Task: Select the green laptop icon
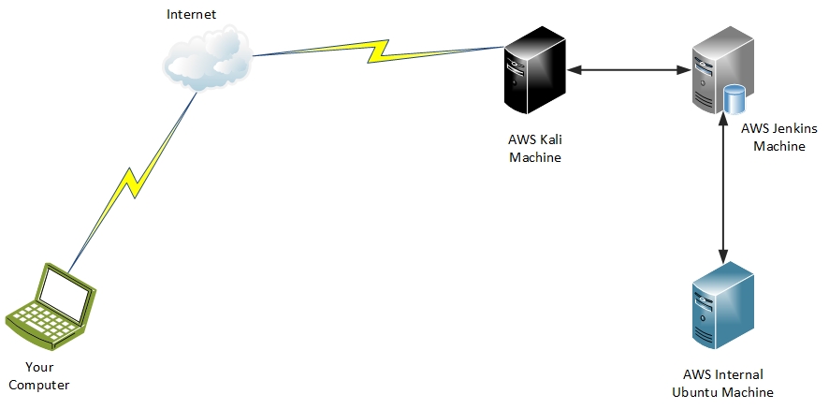click(52, 305)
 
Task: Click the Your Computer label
click(39, 375)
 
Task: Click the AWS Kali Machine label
click(535, 149)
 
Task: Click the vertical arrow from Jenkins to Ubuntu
click(722, 187)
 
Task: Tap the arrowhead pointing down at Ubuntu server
click(722, 256)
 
